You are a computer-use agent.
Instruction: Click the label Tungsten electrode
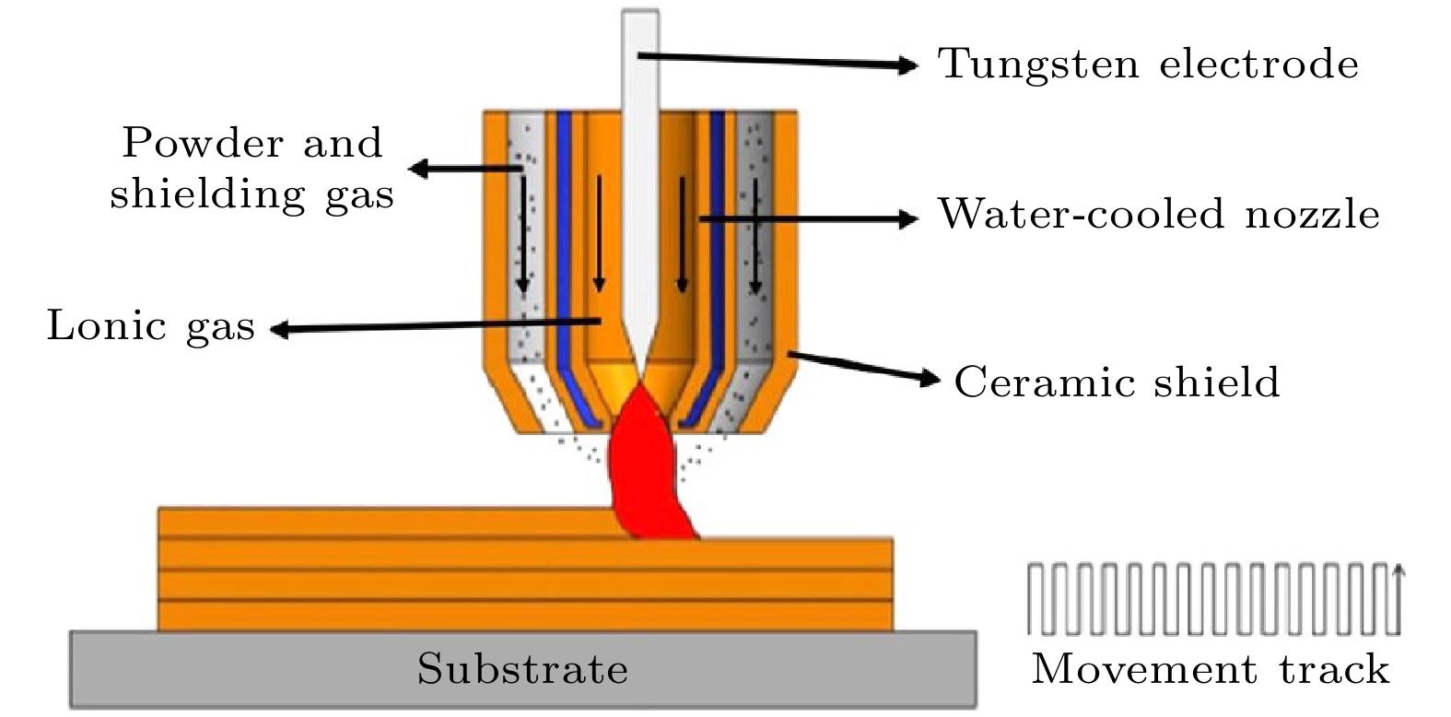pyautogui.click(x=1148, y=65)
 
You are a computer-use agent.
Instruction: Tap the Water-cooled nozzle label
pyautogui.click(x=1158, y=215)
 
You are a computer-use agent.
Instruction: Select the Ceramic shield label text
pyautogui.click(x=1117, y=381)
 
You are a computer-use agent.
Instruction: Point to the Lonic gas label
pyautogui.click(x=150, y=326)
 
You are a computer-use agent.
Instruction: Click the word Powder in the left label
pyautogui.click(x=185, y=143)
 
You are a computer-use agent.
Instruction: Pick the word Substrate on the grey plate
pyautogui.click(x=522, y=668)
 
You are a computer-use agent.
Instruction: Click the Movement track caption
pyautogui.click(x=1210, y=669)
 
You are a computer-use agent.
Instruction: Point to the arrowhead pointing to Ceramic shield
pyautogui.click(x=931, y=377)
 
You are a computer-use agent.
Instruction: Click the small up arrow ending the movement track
pyautogui.click(x=1399, y=574)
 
